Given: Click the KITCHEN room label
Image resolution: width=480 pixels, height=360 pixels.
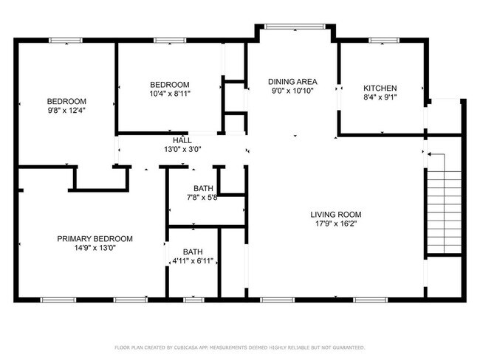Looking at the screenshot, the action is point(380,88).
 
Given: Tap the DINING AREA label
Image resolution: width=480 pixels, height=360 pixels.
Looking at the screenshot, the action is point(292,82).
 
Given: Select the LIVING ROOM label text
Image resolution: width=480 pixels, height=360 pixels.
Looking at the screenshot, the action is point(336,215).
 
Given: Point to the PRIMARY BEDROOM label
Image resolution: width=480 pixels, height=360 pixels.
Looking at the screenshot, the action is point(95,238).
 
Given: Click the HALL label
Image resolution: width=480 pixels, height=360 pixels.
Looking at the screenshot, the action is point(182,140).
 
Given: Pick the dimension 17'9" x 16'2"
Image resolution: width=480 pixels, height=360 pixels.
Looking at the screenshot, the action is point(336,224).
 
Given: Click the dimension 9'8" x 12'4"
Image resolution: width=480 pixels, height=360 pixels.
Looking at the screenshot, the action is point(66,111).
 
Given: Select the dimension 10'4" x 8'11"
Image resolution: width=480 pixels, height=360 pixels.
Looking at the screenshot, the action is point(170,94).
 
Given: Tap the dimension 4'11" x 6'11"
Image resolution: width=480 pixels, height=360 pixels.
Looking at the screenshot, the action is point(193,261).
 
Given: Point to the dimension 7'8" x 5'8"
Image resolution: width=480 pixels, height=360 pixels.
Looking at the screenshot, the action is point(202,198).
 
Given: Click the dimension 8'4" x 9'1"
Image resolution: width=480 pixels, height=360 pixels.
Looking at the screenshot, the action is point(380,97).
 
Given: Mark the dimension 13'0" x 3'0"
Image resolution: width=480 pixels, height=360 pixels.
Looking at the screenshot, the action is point(182,150).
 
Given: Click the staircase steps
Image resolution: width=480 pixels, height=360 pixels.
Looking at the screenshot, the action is point(444,212).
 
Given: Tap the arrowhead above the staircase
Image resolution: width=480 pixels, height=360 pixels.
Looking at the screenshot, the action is point(429,154).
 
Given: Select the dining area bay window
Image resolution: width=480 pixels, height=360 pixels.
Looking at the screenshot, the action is point(295,27).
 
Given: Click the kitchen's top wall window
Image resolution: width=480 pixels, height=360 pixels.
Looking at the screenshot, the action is point(384,41).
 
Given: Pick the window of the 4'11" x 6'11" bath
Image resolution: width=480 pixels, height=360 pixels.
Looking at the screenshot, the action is point(193,300).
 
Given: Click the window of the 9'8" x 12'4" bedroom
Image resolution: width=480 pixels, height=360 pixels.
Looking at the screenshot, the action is point(66,41).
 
